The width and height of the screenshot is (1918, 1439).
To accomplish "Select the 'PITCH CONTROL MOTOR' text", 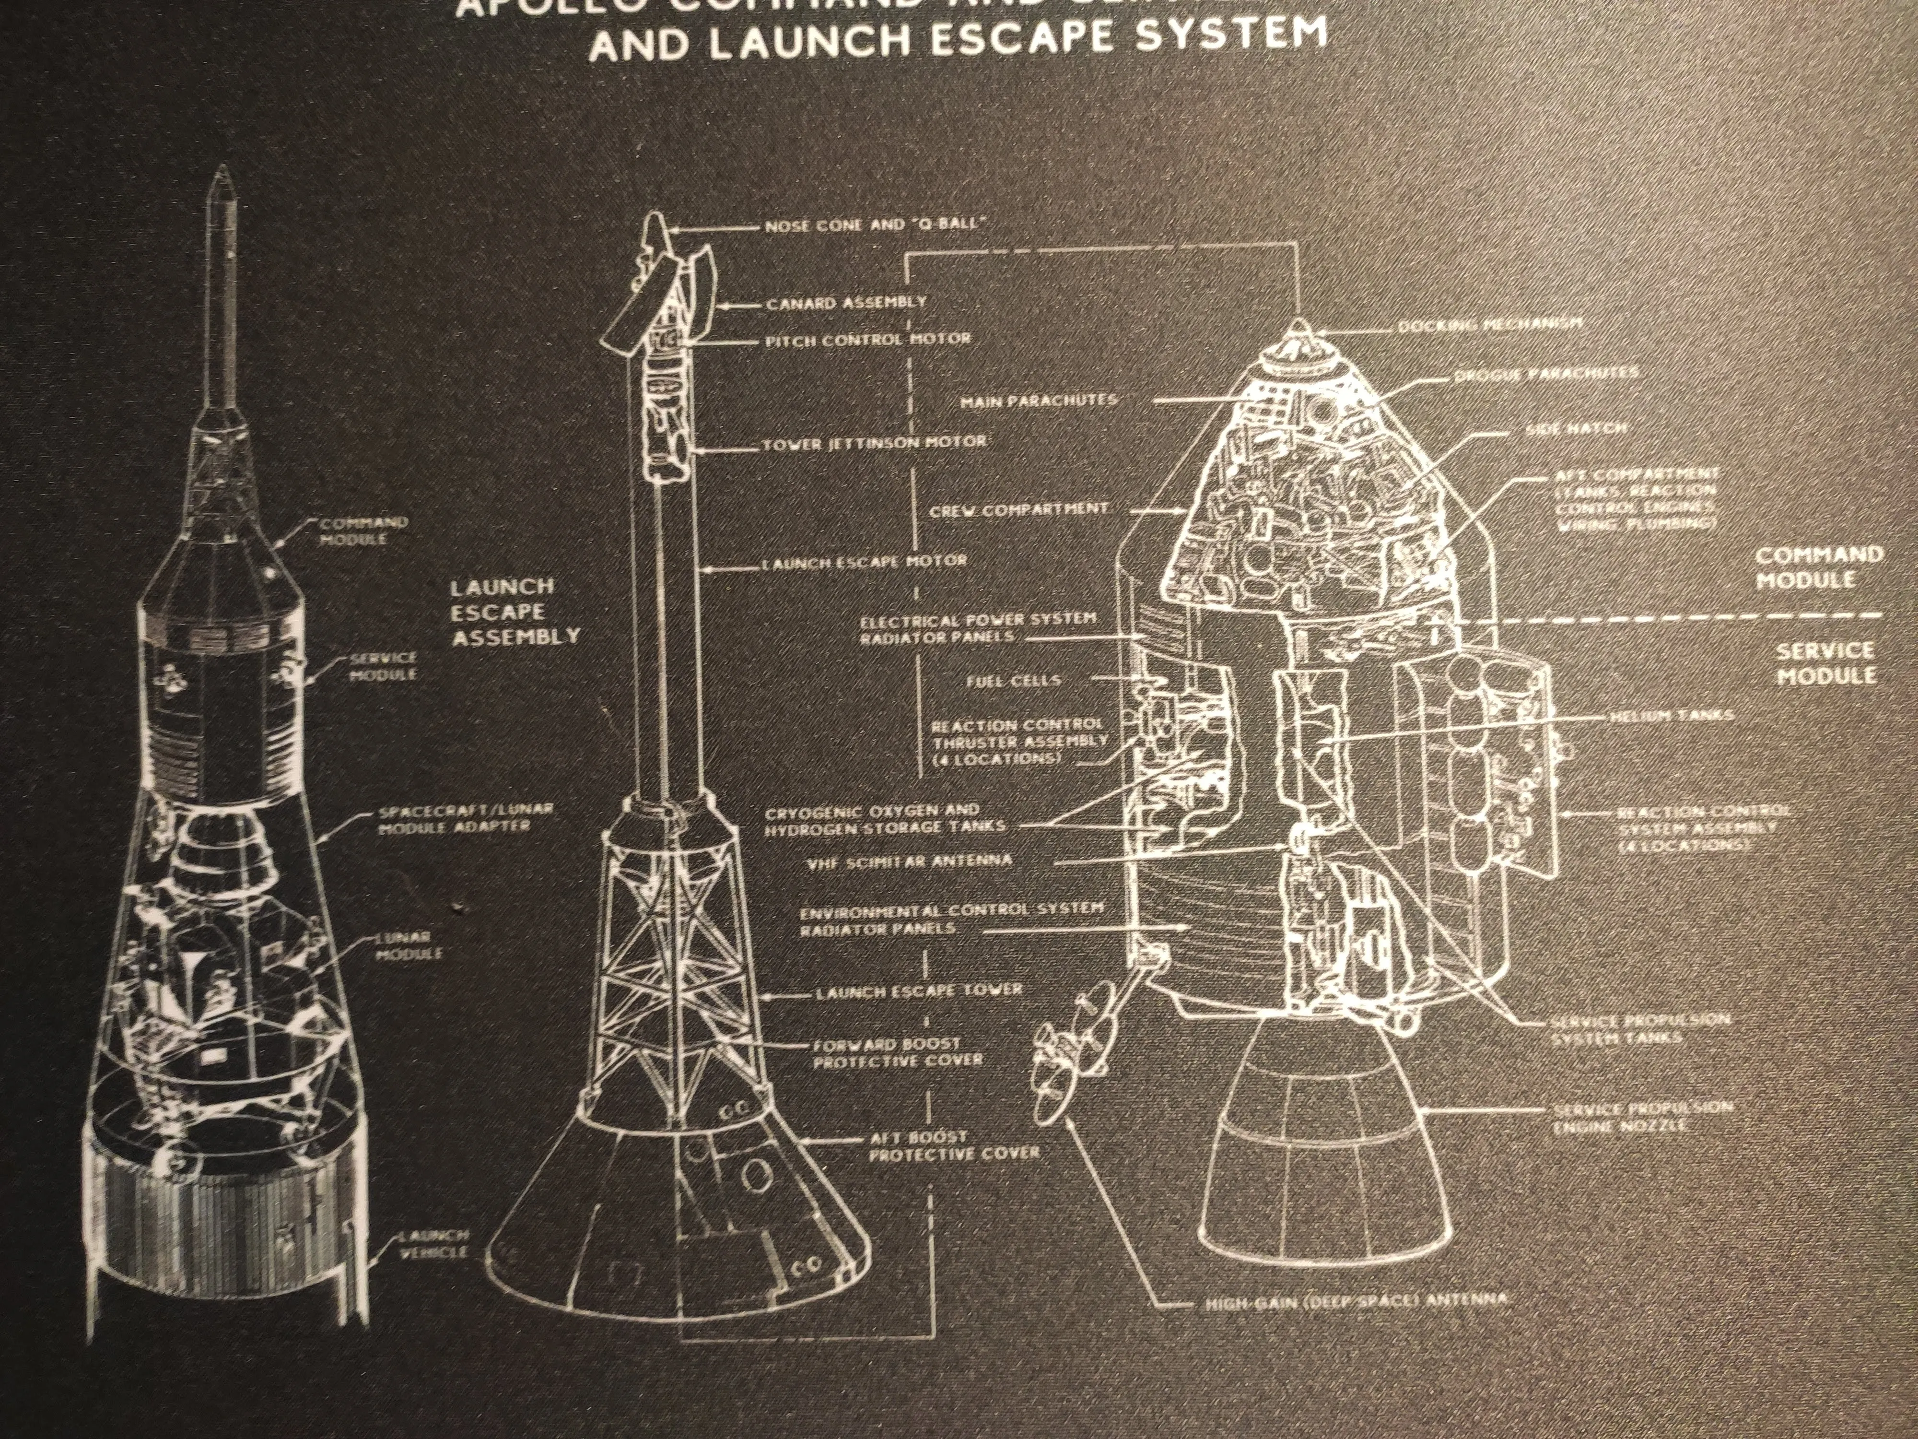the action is [x=867, y=339].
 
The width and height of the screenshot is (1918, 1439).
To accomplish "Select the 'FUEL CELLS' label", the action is [x=1013, y=681].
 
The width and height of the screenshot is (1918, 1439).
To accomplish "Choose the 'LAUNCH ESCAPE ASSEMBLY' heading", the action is [x=514, y=612].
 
